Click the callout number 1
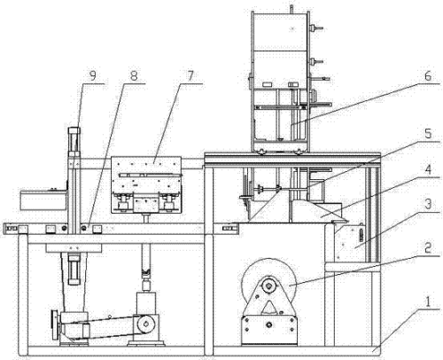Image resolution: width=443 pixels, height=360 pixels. click(x=428, y=302)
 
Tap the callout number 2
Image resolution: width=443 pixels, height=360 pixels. click(x=428, y=248)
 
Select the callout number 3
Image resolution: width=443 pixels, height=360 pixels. click(x=428, y=204)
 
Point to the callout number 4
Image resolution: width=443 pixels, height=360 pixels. click(x=428, y=169)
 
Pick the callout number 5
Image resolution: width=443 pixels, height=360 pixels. click(x=428, y=134)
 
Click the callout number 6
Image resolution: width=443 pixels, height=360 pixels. click(x=428, y=76)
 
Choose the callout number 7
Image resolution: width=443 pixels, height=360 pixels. click(x=190, y=76)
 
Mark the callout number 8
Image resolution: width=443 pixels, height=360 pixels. click(x=134, y=76)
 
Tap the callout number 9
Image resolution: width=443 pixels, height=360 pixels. click(x=93, y=76)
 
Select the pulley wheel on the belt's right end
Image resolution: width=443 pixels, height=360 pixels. click(x=145, y=324)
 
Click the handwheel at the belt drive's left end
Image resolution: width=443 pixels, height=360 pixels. click(x=55, y=325)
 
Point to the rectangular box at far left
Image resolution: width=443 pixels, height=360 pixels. click(x=43, y=200)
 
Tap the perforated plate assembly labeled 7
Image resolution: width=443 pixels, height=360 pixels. click(x=146, y=184)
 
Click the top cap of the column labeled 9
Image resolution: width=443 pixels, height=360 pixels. click(x=74, y=130)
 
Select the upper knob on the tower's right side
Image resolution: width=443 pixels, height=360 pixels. click(x=316, y=28)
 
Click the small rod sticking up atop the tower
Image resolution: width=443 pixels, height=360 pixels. click(x=291, y=8)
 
